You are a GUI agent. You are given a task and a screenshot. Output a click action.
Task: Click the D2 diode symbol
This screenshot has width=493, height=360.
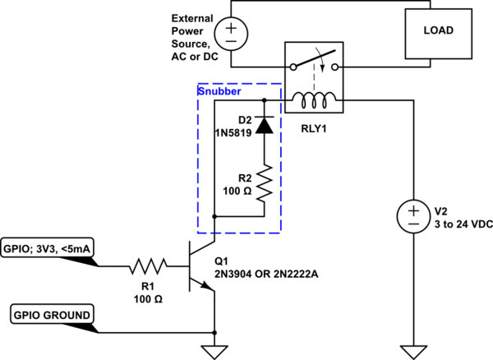click(x=264, y=125)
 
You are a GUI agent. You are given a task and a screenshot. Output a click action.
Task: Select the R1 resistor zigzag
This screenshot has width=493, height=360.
click(x=148, y=265)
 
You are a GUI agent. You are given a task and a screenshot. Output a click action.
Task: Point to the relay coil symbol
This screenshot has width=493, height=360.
click(x=315, y=101)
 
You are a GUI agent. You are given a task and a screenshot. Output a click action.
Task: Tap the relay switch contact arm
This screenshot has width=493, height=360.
click(x=315, y=61)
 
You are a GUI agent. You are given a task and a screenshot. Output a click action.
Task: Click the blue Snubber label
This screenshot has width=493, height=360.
click(x=219, y=91)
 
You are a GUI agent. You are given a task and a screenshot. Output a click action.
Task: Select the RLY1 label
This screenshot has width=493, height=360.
click(x=314, y=128)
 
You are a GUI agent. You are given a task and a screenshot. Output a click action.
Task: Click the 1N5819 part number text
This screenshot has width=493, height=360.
click(x=234, y=132)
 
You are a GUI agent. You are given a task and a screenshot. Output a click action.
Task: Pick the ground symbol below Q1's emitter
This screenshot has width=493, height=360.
click(x=214, y=350)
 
